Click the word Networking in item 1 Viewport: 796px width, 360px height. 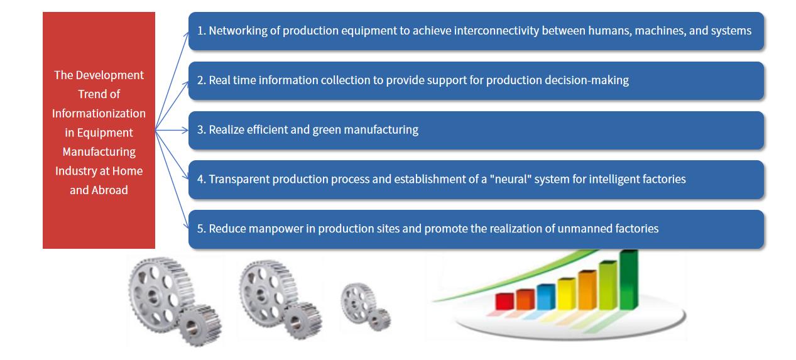[x=237, y=31]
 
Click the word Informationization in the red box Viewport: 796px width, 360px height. [x=99, y=113]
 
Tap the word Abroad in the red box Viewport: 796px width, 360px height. [x=110, y=190]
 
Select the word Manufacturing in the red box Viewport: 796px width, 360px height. [x=99, y=152]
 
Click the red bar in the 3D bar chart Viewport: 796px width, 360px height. [x=504, y=302]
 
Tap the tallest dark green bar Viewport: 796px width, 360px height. [x=629, y=280]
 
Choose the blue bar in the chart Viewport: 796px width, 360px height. [x=546, y=297]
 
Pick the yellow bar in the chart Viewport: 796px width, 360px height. [x=567, y=294]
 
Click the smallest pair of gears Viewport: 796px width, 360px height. [x=365, y=307]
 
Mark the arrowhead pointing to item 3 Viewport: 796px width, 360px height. [x=185, y=131]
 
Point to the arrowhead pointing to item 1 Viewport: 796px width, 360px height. [x=186, y=35]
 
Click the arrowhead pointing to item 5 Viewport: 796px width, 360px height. [x=186, y=224]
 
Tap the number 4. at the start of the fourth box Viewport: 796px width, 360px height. [x=202, y=179]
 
